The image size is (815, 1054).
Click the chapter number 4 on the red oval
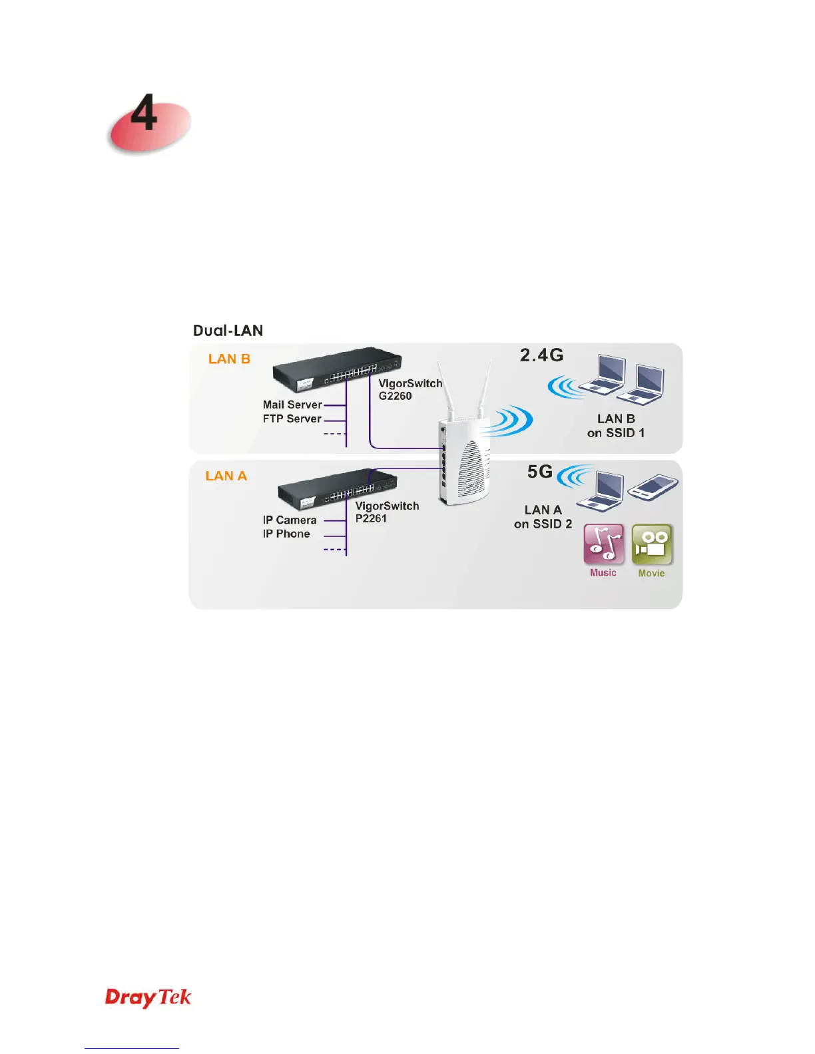(144, 114)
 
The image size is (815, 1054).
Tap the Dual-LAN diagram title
(228, 331)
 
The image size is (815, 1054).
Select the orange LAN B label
(229, 359)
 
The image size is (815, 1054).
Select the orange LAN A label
(226, 476)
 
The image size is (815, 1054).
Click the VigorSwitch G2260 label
(409, 390)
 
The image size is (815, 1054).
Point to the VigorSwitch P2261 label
(387, 512)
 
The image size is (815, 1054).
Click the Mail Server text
(292, 405)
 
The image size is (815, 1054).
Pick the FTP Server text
(292, 419)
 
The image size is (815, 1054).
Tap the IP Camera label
(290, 520)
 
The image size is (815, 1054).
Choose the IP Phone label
(286, 534)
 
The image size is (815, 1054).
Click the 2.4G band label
(541, 355)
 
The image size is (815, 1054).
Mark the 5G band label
(540, 472)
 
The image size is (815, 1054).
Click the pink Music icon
(604, 544)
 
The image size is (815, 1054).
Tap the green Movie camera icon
(652, 544)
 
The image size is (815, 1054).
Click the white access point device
(464, 459)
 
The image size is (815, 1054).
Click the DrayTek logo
(148, 997)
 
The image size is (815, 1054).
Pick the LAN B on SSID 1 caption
(616, 426)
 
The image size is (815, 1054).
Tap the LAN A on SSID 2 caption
(543, 517)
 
